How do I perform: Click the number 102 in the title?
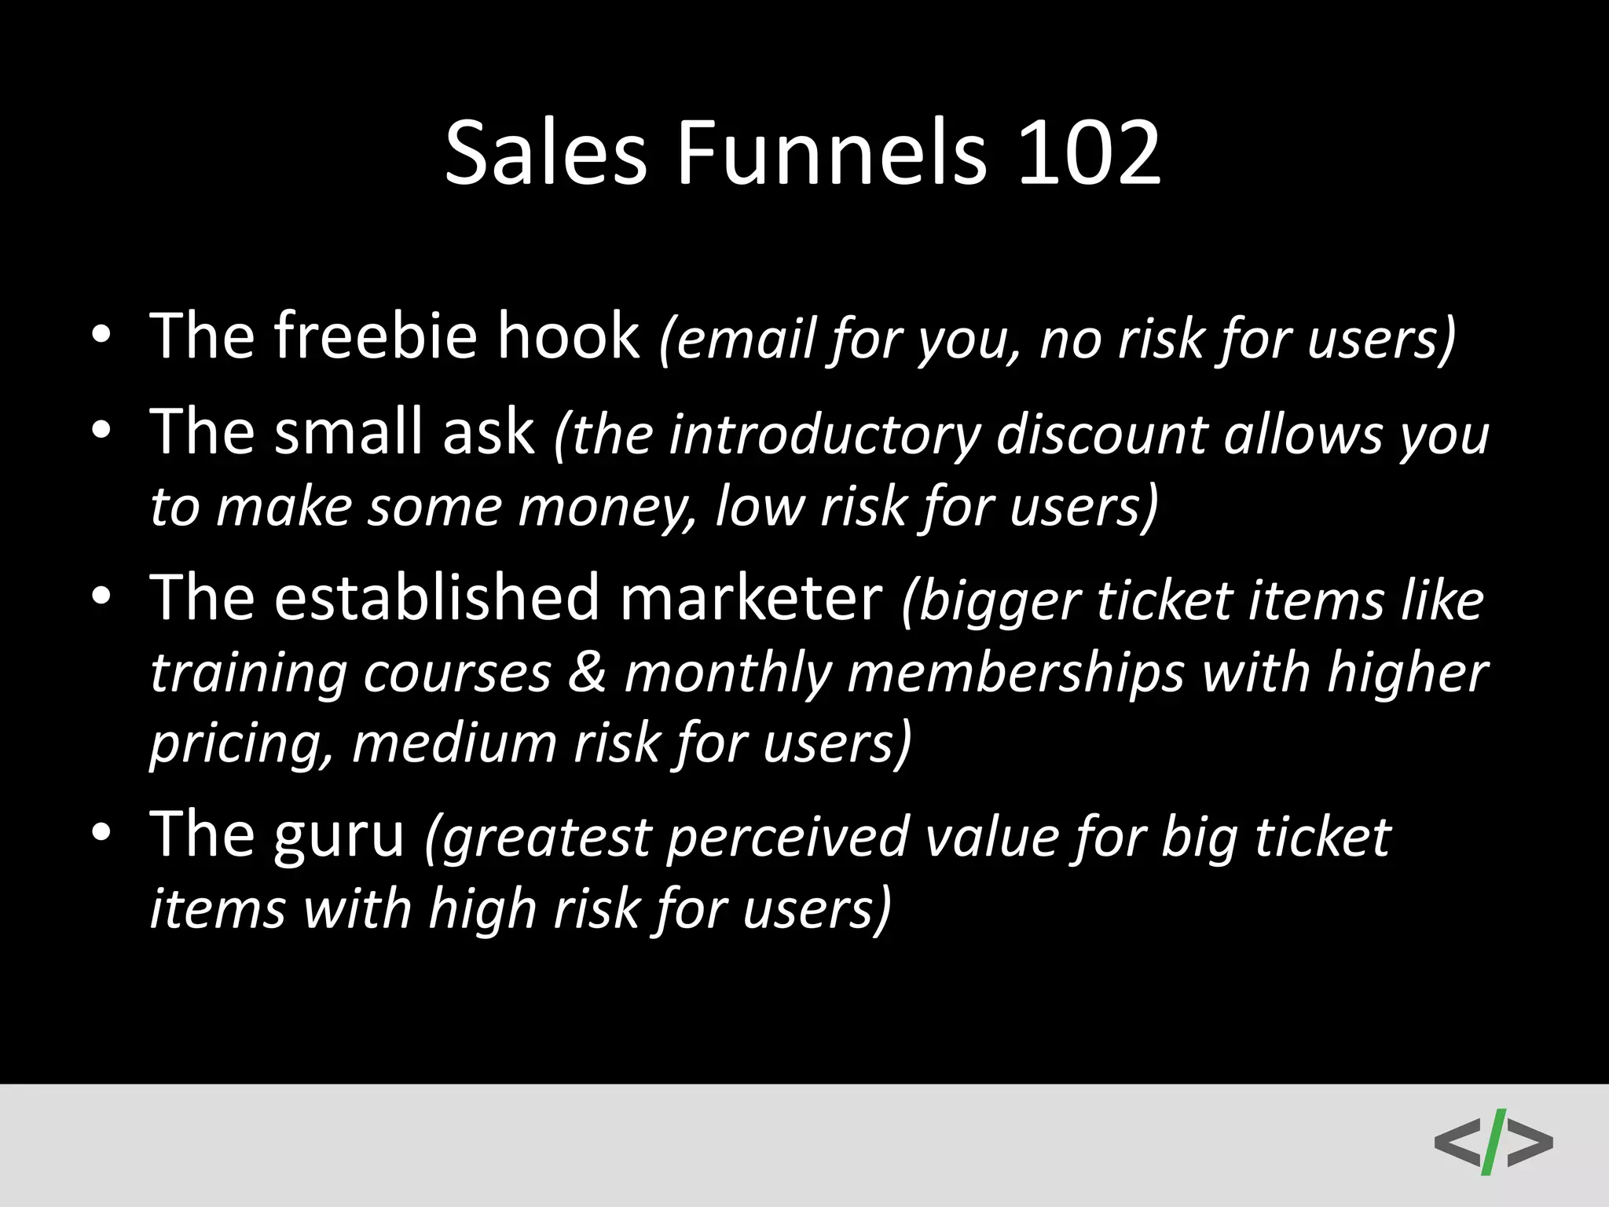click(x=1089, y=153)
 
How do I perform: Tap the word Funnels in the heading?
click(x=830, y=153)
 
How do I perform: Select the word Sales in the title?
click(x=545, y=153)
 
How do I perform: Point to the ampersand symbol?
click(x=587, y=673)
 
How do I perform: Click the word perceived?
click(x=788, y=838)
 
